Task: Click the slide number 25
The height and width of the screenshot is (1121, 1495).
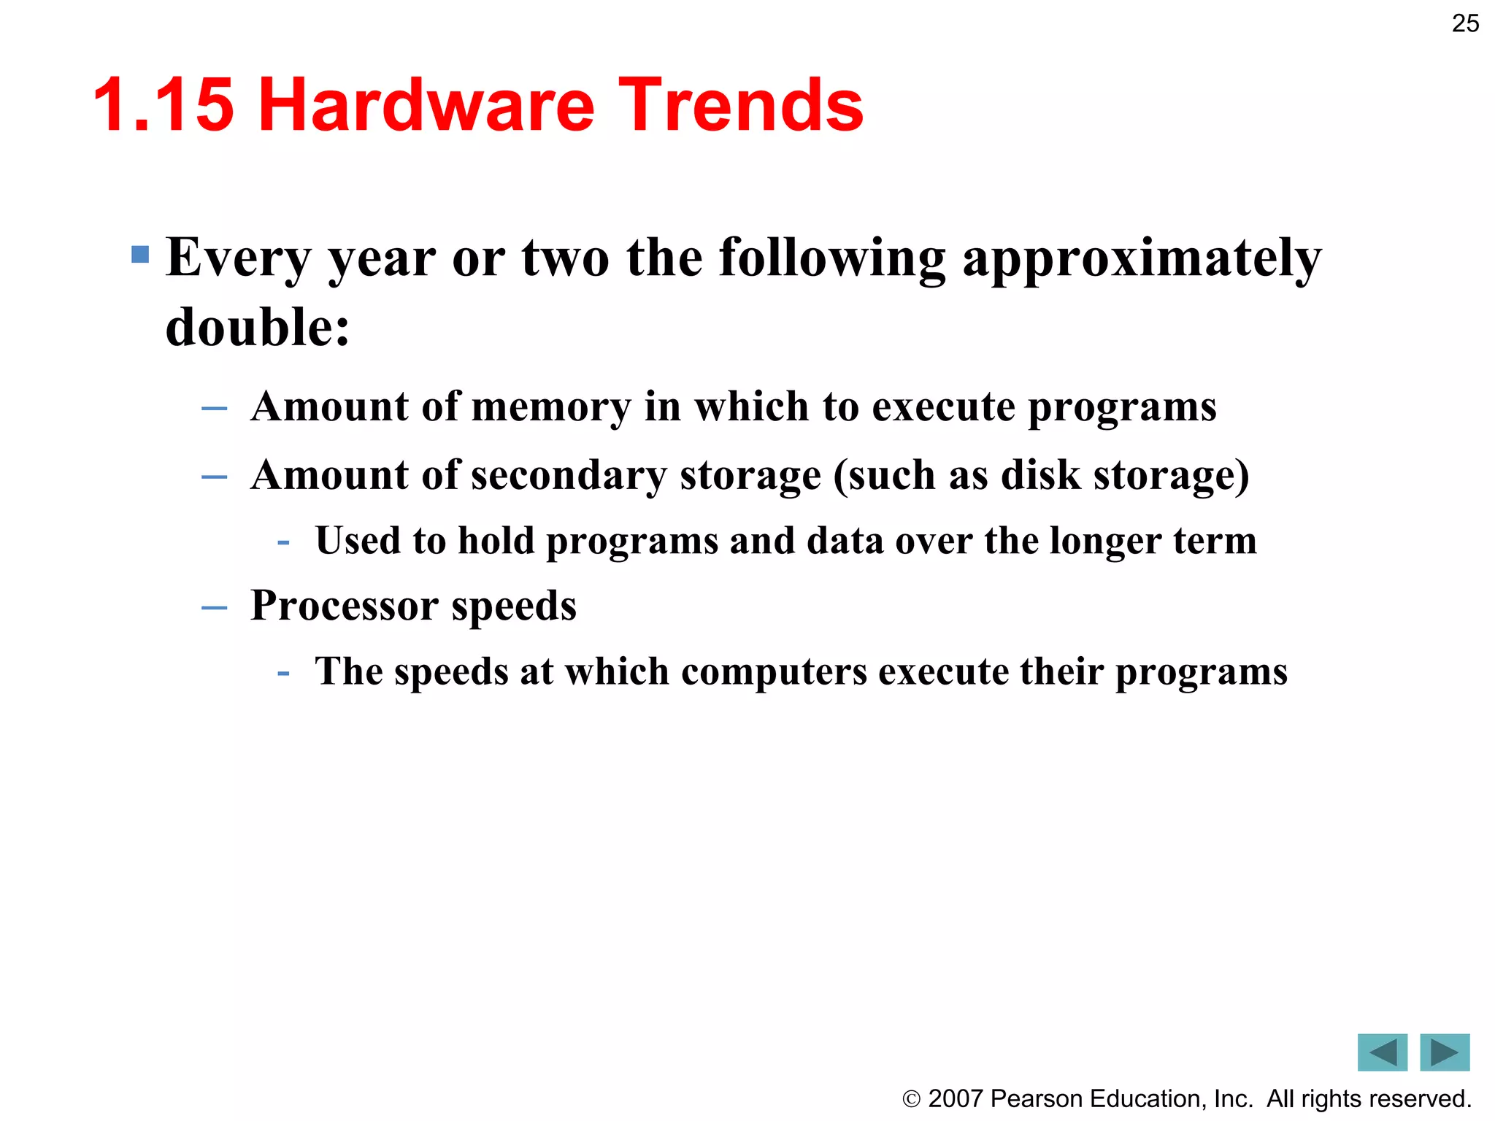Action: (x=1465, y=23)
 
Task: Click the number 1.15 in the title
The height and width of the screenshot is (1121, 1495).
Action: (x=164, y=106)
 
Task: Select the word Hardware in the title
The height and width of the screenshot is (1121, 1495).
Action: (x=427, y=106)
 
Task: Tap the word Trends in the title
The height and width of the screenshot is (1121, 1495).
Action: (x=741, y=106)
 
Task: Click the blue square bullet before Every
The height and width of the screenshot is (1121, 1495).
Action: (x=140, y=255)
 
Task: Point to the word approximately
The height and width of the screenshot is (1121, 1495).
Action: (x=1142, y=260)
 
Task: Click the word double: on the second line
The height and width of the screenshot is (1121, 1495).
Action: (x=258, y=328)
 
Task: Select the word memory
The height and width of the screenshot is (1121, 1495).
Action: (x=551, y=407)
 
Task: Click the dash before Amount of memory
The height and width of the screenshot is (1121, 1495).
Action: (x=214, y=409)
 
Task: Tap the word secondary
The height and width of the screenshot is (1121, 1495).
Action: (x=569, y=476)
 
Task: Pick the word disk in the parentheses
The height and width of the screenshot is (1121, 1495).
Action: (x=1040, y=475)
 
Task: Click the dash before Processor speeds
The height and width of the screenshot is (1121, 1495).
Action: (x=214, y=607)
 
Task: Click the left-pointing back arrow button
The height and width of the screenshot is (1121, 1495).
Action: (x=1382, y=1052)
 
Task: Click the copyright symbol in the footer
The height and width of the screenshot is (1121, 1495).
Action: (x=911, y=1099)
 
